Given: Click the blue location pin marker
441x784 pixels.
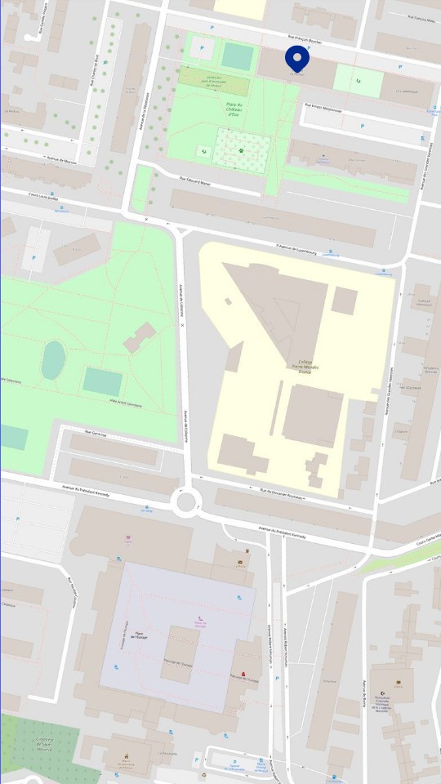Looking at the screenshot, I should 296,58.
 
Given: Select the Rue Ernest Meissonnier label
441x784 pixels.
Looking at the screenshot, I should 323,107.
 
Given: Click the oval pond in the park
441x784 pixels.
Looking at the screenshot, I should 53,360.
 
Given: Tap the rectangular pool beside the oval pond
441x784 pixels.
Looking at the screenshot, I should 103,381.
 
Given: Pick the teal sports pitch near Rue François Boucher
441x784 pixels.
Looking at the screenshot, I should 238,56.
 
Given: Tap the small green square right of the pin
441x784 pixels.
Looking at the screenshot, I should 359,80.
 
